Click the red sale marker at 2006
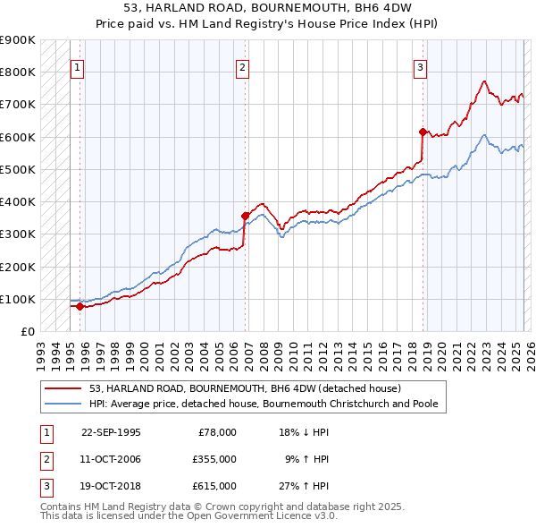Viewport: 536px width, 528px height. [x=245, y=216]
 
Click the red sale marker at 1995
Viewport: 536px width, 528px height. [x=80, y=306]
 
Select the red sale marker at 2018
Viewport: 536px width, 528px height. [x=423, y=132]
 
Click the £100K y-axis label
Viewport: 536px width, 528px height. [x=18, y=299]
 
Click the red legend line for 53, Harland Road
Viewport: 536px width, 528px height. [x=64, y=389]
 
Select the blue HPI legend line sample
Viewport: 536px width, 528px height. [x=64, y=404]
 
